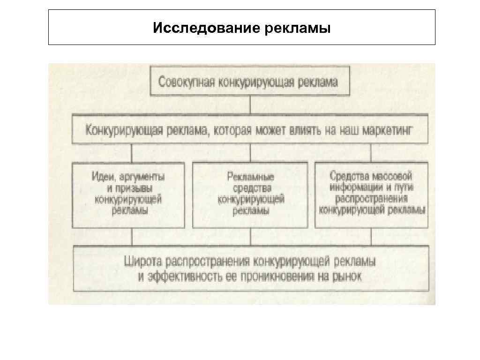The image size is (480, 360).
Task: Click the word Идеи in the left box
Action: tap(102, 177)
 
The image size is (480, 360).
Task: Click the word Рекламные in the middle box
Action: tap(251, 177)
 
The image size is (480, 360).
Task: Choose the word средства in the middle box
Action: tap(251, 188)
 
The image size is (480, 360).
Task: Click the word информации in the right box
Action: tap(356, 187)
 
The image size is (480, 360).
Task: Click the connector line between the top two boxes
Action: tap(250, 105)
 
